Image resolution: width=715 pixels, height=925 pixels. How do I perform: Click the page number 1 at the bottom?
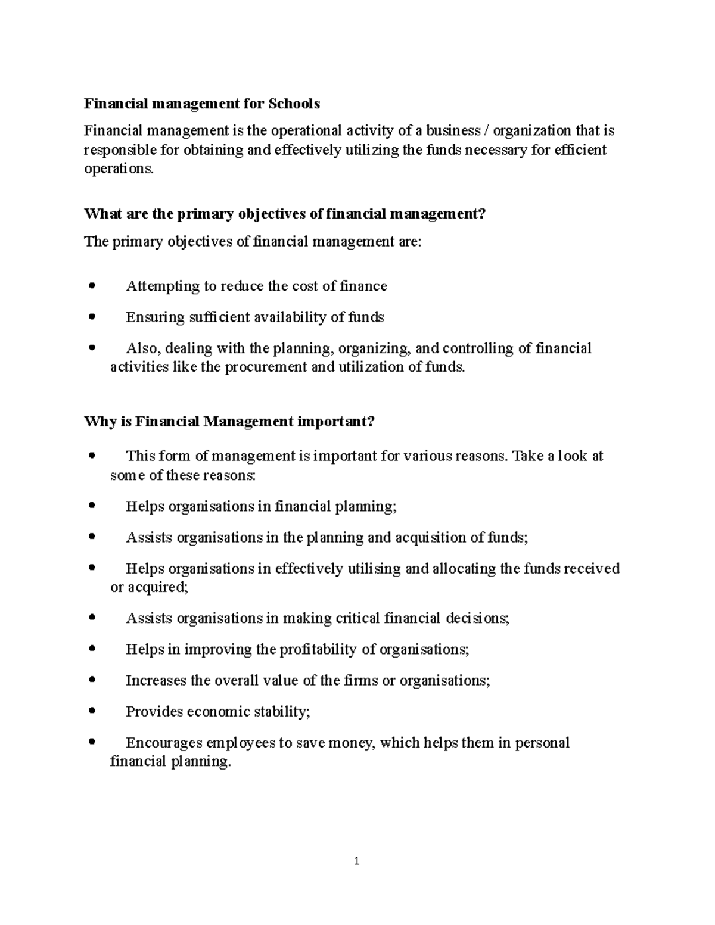357,861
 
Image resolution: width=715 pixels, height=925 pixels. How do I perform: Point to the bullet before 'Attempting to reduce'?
91,286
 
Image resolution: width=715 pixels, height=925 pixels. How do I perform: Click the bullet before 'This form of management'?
91,456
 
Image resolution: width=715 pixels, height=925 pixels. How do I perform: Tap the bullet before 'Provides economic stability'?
91,711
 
